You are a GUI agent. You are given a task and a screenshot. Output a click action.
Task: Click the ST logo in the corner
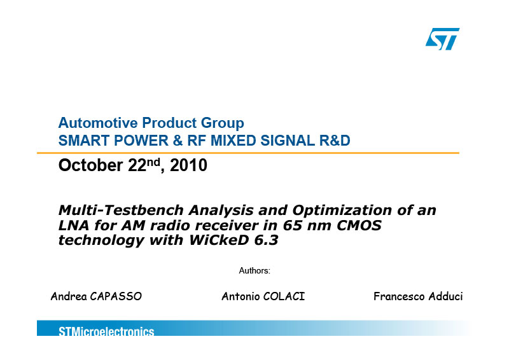pos(442,39)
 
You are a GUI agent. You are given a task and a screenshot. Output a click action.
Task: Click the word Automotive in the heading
pos(98,123)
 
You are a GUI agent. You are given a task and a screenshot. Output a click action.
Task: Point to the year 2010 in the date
pos(188,165)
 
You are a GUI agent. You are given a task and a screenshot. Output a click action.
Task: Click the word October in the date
pos(90,165)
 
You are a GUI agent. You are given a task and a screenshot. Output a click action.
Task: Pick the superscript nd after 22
pos(153,162)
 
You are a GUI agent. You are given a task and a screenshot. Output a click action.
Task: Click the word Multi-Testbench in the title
pos(121,211)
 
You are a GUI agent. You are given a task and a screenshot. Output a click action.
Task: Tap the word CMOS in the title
pos(359,225)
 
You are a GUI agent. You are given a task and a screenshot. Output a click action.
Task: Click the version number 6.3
pos(268,240)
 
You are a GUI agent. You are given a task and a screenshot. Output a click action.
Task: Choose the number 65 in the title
pos(291,225)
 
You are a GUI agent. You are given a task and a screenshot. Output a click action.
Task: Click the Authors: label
pos(254,271)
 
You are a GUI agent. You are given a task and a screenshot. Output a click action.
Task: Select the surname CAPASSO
pos(116,296)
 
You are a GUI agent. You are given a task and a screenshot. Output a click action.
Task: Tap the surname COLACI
pos(284,296)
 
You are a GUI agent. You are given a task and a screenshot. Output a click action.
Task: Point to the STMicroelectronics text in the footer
pos(106,331)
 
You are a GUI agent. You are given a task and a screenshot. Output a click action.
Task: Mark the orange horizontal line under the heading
pos(248,153)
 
